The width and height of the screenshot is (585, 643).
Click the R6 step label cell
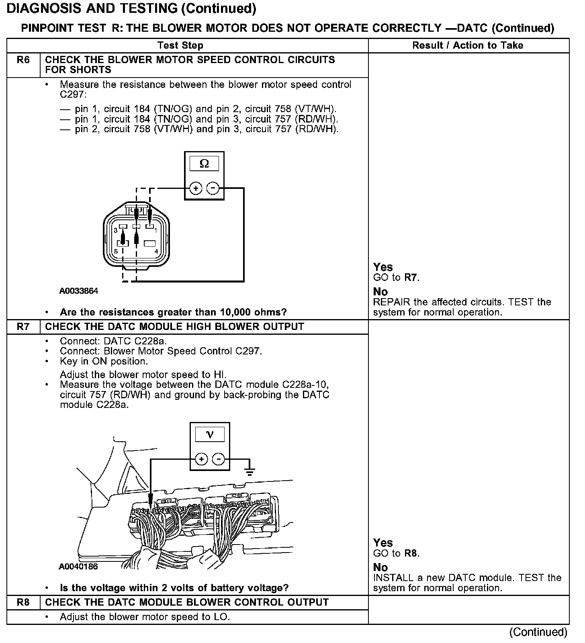point(23,60)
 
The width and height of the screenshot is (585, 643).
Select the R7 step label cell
point(23,327)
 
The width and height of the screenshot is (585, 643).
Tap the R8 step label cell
point(23,602)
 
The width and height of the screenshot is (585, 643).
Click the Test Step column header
point(180,45)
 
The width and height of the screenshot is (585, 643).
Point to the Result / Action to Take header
point(468,45)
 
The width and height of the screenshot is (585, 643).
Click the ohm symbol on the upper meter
point(204,164)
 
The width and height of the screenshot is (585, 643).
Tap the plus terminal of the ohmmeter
point(196,188)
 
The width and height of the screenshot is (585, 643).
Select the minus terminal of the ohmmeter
point(213,188)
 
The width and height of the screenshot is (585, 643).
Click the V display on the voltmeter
point(209,434)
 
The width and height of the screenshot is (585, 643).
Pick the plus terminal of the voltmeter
point(201,459)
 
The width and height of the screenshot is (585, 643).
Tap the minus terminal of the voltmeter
point(218,459)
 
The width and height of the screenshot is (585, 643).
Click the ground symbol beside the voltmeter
point(250,471)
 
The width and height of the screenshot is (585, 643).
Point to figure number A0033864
point(79,291)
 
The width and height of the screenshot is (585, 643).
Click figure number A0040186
point(78,567)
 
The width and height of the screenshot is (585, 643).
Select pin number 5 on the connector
point(116,252)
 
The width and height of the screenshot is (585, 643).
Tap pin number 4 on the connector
point(156,252)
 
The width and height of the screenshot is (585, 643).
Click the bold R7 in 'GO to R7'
point(411,278)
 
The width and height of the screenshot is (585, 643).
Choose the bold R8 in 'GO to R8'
point(411,553)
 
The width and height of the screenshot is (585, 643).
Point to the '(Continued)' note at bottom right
point(538,632)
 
